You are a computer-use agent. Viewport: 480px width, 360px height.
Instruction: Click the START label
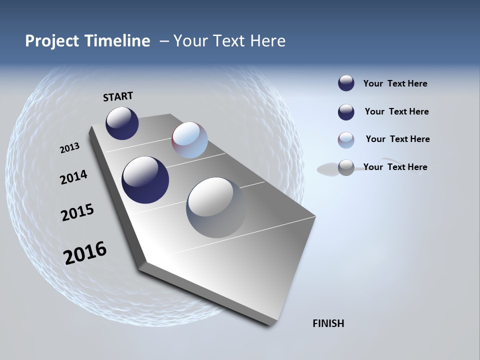click(x=118, y=96)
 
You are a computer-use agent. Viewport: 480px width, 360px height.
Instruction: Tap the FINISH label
click(x=328, y=323)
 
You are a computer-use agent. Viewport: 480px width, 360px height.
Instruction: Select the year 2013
click(x=69, y=148)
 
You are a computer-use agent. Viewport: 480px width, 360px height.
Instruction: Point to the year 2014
click(x=73, y=177)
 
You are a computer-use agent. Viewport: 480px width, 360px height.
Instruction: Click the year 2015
click(x=77, y=212)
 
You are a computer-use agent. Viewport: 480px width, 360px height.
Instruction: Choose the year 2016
click(x=85, y=253)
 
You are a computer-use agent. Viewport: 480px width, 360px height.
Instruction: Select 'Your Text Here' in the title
click(x=229, y=41)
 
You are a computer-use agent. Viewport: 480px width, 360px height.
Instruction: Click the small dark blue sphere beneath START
click(x=122, y=123)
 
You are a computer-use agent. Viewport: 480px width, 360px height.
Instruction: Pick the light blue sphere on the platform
click(x=189, y=140)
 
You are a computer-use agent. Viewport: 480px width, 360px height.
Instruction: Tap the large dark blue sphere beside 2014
click(x=145, y=180)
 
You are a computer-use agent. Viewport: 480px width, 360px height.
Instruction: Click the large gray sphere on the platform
click(x=216, y=207)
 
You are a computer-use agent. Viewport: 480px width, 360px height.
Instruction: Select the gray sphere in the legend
click(x=346, y=167)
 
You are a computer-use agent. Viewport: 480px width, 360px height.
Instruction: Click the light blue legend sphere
click(x=346, y=140)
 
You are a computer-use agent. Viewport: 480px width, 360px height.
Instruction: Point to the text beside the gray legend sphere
click(x=395, y=167)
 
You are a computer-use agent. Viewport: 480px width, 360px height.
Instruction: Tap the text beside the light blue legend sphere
click(x=397, y=139)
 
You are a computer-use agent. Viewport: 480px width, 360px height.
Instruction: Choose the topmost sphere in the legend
click(x=346, y=83)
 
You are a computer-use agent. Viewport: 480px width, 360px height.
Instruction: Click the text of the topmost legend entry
click(x=395, y=83)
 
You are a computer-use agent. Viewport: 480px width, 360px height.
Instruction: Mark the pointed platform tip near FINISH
click(x=272, y=322)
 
